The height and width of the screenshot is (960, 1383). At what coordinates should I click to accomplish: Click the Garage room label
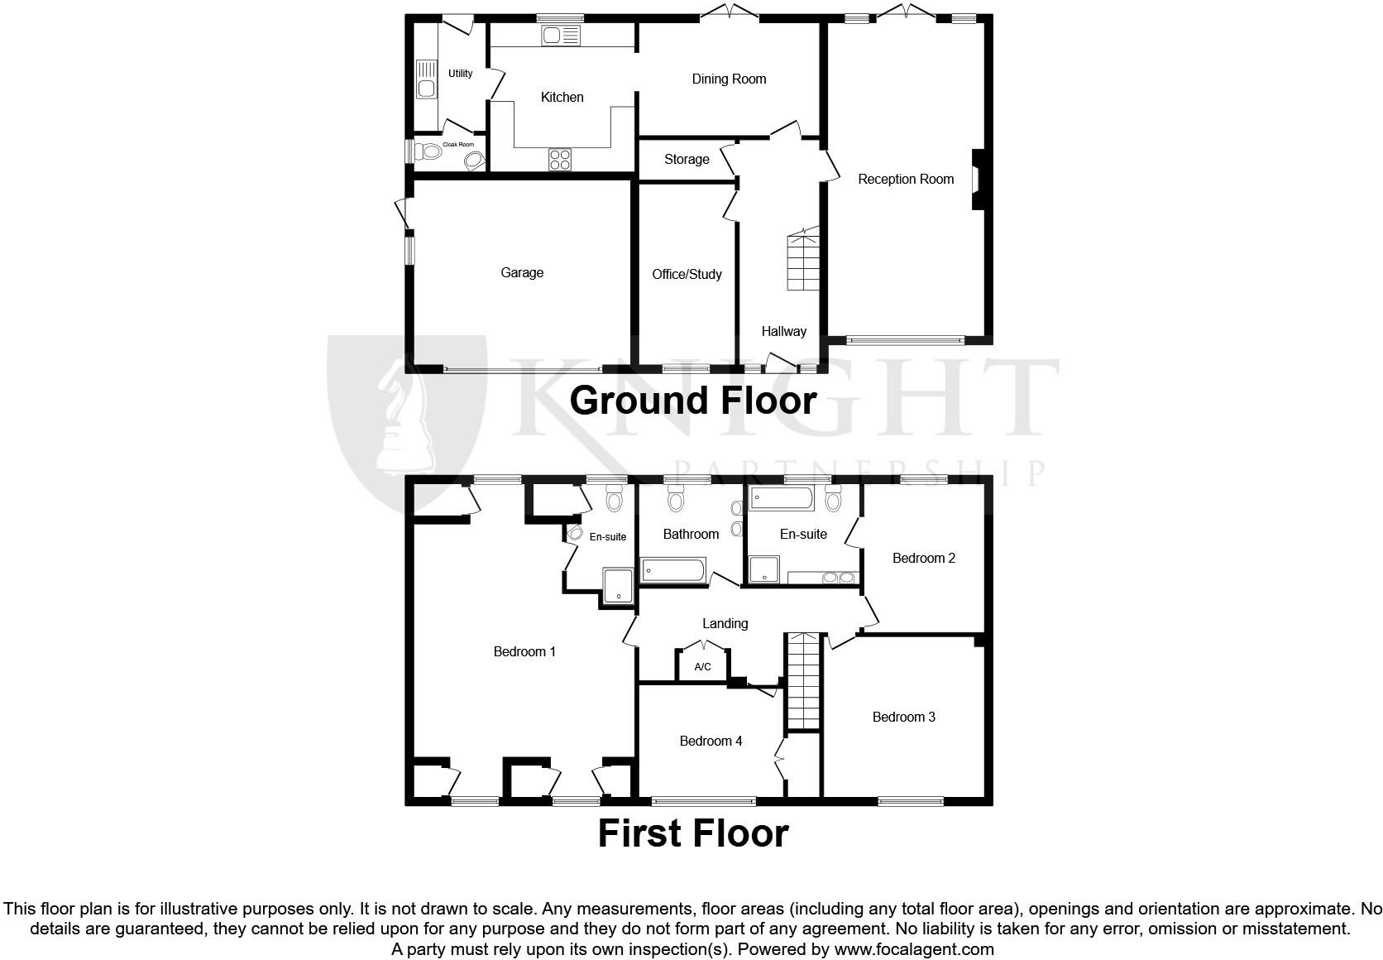522,272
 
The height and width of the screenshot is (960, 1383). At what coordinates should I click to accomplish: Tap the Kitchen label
562,97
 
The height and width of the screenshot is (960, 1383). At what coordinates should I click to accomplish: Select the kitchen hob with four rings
560,159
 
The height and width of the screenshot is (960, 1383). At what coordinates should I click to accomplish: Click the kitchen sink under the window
561,36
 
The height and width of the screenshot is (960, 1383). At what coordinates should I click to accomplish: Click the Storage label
687,159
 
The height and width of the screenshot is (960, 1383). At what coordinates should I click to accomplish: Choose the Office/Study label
687,274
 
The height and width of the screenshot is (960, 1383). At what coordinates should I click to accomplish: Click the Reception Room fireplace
976,179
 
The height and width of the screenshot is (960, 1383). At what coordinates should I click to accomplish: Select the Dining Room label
729,79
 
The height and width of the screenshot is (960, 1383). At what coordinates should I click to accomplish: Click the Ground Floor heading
693,401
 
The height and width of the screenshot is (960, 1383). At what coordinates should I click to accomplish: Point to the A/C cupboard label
702,667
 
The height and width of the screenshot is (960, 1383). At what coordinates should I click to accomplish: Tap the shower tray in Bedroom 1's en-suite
617,585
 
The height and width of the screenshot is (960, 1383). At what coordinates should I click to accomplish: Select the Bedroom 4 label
711,741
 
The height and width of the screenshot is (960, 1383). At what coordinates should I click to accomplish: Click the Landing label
725,623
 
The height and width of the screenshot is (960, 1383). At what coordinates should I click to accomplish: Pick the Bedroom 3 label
903,717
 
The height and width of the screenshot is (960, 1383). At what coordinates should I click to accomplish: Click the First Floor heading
693,833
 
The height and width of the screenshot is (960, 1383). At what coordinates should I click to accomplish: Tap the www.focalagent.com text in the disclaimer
914,949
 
